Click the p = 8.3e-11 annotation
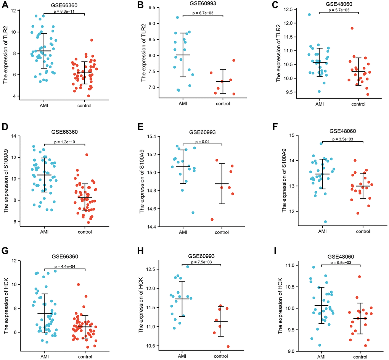tap(64, 11)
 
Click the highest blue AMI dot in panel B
tap(178, 18)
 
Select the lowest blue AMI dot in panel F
tap(315, 222)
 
